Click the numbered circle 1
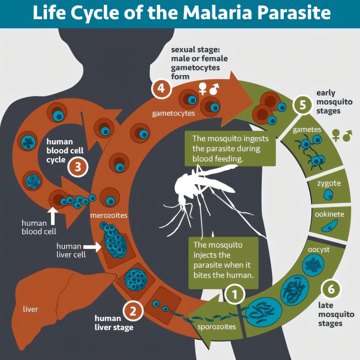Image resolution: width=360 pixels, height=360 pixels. pos(235,294)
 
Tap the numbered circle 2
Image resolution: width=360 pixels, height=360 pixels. pos(133,311)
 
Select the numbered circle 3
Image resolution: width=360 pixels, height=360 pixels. pos(78,167)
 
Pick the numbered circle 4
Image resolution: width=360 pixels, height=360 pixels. pos(161,88)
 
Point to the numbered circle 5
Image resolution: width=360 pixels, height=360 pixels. pos(303,105)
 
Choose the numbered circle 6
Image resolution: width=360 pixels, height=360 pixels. pos(331,289)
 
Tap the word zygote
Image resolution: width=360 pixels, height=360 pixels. pos(329,183)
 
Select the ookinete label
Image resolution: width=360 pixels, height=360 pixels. pos(329,214)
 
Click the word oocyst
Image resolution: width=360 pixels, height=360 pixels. pos(318,250)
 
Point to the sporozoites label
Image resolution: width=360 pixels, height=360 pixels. pos(217,327)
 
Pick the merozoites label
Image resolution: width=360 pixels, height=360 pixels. pos(109,215)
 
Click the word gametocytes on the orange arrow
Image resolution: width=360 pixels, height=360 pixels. pos(173,113)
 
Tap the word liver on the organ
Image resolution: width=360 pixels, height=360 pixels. pos(30,309)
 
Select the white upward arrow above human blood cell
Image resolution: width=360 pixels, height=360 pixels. pos(53,216)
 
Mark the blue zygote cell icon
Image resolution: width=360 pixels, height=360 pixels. pos(328,194)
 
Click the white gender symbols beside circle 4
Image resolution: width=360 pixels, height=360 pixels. pos(209,89)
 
